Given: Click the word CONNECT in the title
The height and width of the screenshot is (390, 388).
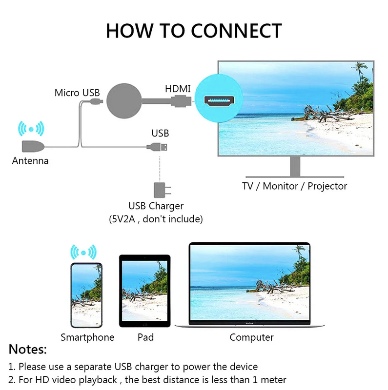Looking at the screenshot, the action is point(236,31).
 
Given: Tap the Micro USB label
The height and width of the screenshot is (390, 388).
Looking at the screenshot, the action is point(77,93).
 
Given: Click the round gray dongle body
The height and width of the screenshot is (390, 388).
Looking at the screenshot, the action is point(124,101).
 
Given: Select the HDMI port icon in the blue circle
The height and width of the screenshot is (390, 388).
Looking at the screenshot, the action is point(219,100).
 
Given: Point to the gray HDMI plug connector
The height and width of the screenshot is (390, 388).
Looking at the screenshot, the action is point(181,101).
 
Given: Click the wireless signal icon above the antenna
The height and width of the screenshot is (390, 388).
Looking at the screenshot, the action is point(31,129).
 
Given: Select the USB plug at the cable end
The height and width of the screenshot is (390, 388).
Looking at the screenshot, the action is point(157,147).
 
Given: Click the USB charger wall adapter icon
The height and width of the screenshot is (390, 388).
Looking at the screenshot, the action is point(162,190).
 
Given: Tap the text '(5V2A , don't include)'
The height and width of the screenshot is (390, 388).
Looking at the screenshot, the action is point(156,219).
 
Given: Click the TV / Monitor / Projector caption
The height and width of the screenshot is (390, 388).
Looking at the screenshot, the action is point(295,186).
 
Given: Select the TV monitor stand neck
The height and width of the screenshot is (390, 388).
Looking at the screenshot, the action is point(295,166).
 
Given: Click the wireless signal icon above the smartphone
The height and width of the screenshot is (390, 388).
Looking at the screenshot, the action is point(83,252).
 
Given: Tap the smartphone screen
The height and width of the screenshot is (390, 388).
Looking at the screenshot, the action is point(86,295).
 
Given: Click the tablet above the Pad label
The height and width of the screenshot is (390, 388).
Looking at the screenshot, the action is point(144,291).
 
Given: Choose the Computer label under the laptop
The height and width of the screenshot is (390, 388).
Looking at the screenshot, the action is point(251,337).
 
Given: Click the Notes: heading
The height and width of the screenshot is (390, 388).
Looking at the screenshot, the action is point(28,349).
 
